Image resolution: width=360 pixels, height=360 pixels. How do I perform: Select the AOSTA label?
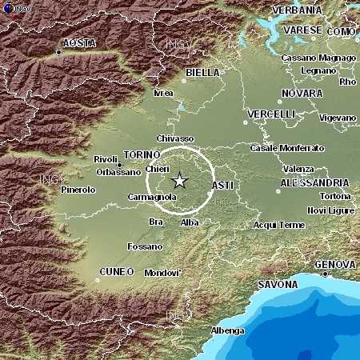coord(79,42)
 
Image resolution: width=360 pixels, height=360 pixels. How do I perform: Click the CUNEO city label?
coord(117,272)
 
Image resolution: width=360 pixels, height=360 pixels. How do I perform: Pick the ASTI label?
coord(222,186)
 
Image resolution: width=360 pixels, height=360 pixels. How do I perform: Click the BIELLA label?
coord(202,72)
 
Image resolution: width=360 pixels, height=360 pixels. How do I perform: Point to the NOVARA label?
coord(302,94)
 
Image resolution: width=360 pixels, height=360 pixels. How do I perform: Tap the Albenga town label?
coord(227,330)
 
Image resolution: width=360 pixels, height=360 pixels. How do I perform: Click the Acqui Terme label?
coord(279,225)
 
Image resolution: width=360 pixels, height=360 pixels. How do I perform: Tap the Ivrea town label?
coord(163,93)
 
